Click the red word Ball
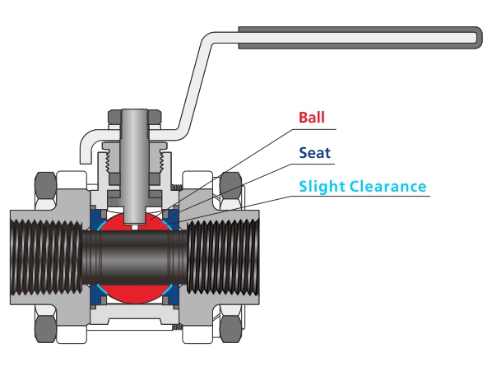313,118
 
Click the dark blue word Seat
314,152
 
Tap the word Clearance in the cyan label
390,186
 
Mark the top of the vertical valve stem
136,113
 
